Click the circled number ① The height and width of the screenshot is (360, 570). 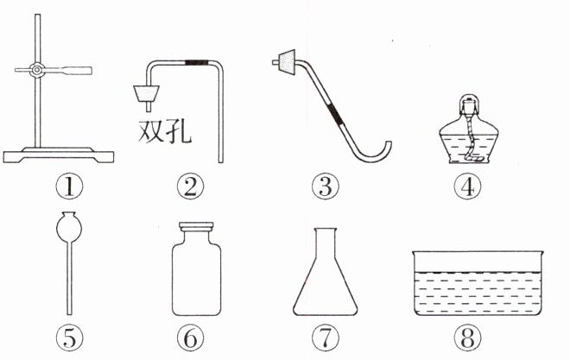69,186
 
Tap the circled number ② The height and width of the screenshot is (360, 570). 190,186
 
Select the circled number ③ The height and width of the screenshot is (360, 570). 326,186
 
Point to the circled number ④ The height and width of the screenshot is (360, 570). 468,186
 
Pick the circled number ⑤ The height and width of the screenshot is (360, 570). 69,337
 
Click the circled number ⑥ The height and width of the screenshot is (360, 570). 190,337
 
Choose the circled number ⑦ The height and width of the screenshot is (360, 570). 326,337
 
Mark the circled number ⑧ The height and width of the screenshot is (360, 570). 468,337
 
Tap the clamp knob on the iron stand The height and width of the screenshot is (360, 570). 37,70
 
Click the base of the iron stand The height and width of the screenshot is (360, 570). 58,155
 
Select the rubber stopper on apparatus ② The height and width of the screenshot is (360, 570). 147,94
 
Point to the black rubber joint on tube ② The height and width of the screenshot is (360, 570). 196,62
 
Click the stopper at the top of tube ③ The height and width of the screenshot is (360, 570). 288,62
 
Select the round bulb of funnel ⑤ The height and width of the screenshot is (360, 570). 69,228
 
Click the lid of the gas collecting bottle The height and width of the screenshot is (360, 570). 196,226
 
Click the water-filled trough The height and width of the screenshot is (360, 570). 478,283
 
